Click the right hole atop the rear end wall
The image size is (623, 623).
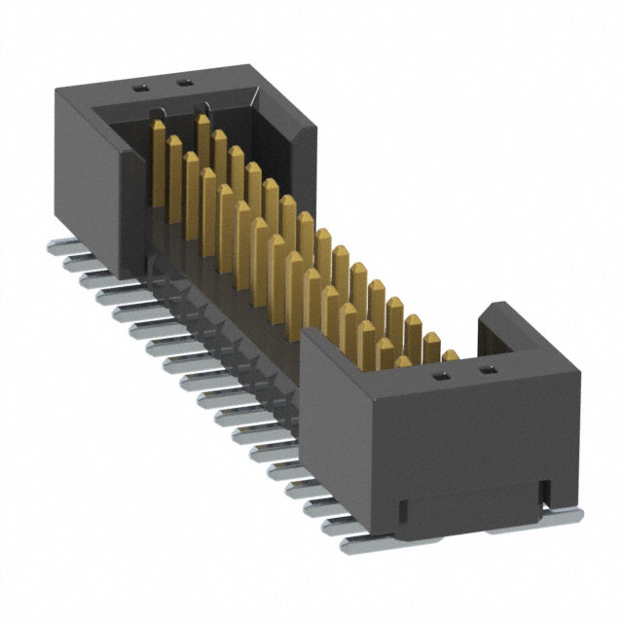click(182, 84)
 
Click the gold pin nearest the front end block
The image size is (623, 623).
click(450, 356)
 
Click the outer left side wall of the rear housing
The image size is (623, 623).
click(88, 175)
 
